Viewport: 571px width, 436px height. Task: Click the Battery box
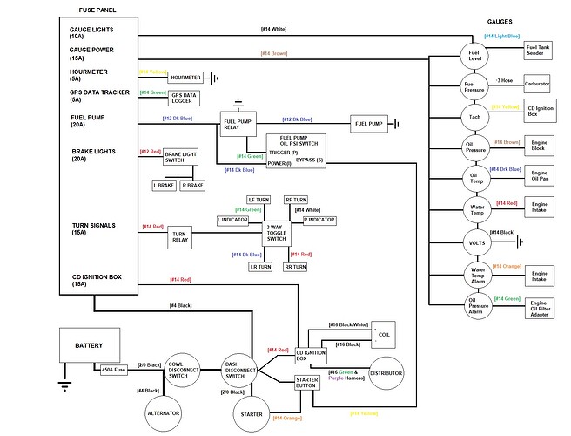pos(89,345)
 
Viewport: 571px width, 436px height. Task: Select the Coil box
pos(382,334)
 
